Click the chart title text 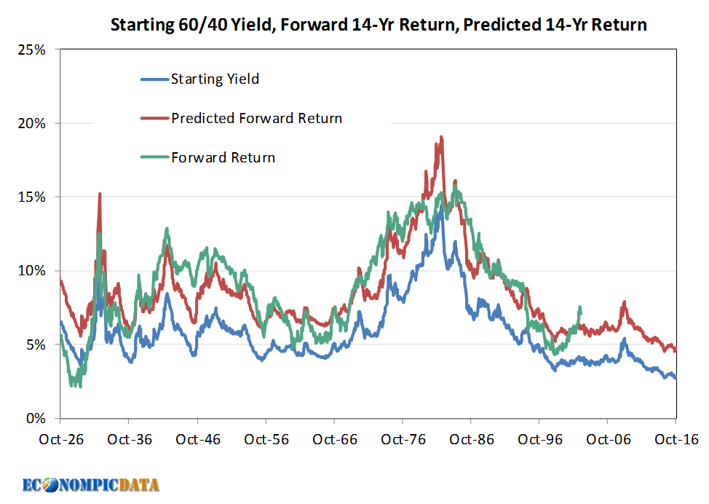[x=378, y=25]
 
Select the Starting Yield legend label [x=215, y=79]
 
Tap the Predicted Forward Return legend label [x=256, y=118]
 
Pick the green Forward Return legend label [x=223, y=157]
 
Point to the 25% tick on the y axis [x=32, y=50]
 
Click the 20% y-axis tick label [x=32, y=124]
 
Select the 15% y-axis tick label [x=32, y=197]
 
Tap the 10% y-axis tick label [x=32, y=271]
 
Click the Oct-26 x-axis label [x=60, y=439]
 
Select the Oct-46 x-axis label [x=197, y=439]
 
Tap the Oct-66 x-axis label [x=334, y=439]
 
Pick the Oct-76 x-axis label [x=403, y=439]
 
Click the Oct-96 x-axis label [x=539, y=439]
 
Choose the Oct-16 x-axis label [x=676, y=439]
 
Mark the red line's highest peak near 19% [x=441, y=138]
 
